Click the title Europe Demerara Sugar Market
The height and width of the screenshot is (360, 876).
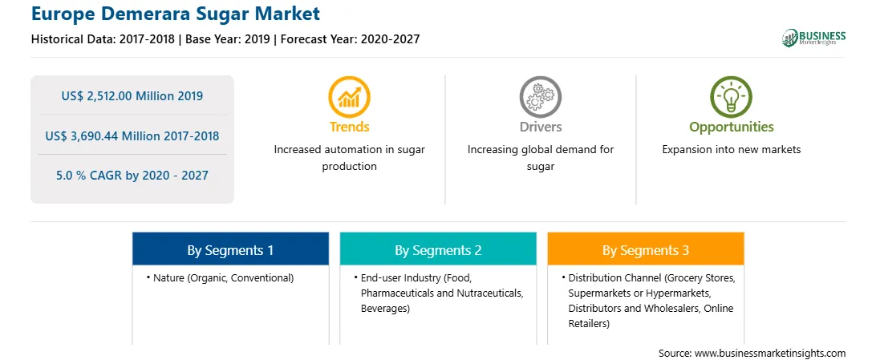(x=176, y=14)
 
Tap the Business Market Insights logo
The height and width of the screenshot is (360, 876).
(x=813, y=38)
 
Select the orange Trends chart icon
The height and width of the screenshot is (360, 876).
(x=349, y=97)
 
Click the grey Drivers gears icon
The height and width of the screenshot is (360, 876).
(x=540, y=97)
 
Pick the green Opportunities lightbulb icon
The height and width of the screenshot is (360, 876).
(x=732, y=97)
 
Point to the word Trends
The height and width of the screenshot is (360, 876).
(x=349, y=127)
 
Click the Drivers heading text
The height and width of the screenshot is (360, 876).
(x=540, y=127)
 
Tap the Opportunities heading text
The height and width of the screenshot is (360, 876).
(x=732, y=127)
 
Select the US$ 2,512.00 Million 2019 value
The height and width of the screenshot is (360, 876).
(x=132, y=96)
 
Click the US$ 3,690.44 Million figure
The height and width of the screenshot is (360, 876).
(x=113, y=136)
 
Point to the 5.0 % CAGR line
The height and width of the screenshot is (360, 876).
(x=132, y=176)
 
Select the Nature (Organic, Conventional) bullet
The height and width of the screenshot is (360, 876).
(x=220, y=277)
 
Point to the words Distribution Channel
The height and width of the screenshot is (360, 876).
(x=607, y=277)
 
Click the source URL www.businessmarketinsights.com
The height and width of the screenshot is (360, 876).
(x=771, y=354)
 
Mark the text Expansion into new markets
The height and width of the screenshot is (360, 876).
(x=732, y=150)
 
